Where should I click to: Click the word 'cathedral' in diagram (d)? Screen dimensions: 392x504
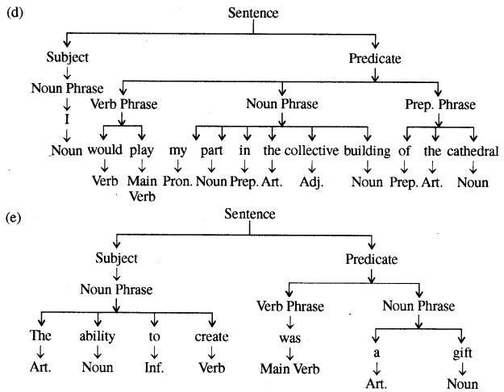(471, 151)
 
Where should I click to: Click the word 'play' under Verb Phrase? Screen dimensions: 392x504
(142, 151)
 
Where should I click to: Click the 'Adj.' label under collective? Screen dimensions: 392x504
(312, 184)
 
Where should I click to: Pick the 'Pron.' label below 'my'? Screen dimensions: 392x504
(177, 184)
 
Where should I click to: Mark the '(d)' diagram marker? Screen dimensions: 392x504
(14, 13)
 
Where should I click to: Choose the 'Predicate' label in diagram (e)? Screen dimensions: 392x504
(372, 259)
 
